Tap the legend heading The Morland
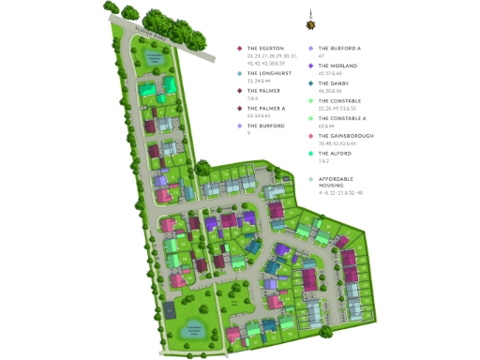pos(339,66)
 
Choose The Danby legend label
pos(337,82)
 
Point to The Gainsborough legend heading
pos(346,135)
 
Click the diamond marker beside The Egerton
pos(240,49)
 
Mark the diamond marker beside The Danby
pos(311,82)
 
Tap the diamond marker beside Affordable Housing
pos(311,179)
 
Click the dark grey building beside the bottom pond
pos(169,309)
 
